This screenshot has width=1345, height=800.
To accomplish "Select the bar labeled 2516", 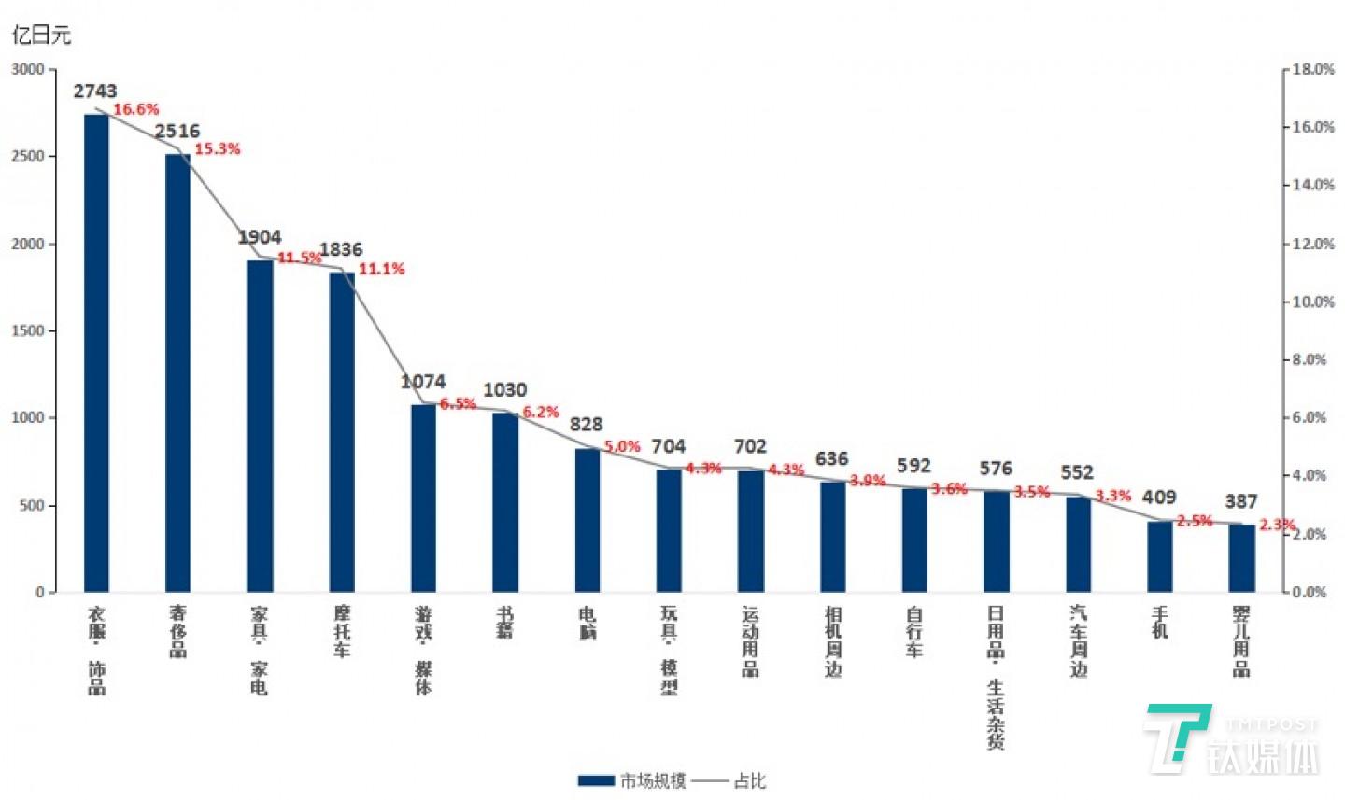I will pyautogui.click(x=177, y=372).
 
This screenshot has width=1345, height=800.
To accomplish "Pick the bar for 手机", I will pyautogui.click(x=1160, y=555).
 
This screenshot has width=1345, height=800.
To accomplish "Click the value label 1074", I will pyautogui.click(x=423, y=382).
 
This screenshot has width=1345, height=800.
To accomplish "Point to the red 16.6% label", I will pyautogui.click(x=136, y=110).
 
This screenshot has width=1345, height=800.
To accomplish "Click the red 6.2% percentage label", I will pyautogui.click(x=541, y=412).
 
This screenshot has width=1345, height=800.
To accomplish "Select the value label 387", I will pyautogui.click(x=1241, y=501).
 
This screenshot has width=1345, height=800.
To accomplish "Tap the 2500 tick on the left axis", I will pyautogui.click(x=28, y=157).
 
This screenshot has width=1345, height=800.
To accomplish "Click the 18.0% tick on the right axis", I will pyautogui.click(x=1313, y=69).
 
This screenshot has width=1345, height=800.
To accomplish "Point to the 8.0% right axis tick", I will pyautogui.click(x=1310, y=359).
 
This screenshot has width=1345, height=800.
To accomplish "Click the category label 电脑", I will pyautogui.click(x=588, y=624).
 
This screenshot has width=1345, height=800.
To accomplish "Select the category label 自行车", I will pyautogui.click(x=914, y=632).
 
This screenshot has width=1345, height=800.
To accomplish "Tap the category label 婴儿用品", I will pyautogui.click(x=1241, y=641).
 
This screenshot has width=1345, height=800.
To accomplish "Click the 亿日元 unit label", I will pyautogui.click(x=41, y=35).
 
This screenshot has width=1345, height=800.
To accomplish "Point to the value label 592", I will pyautogui.click(x=913, y=465).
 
